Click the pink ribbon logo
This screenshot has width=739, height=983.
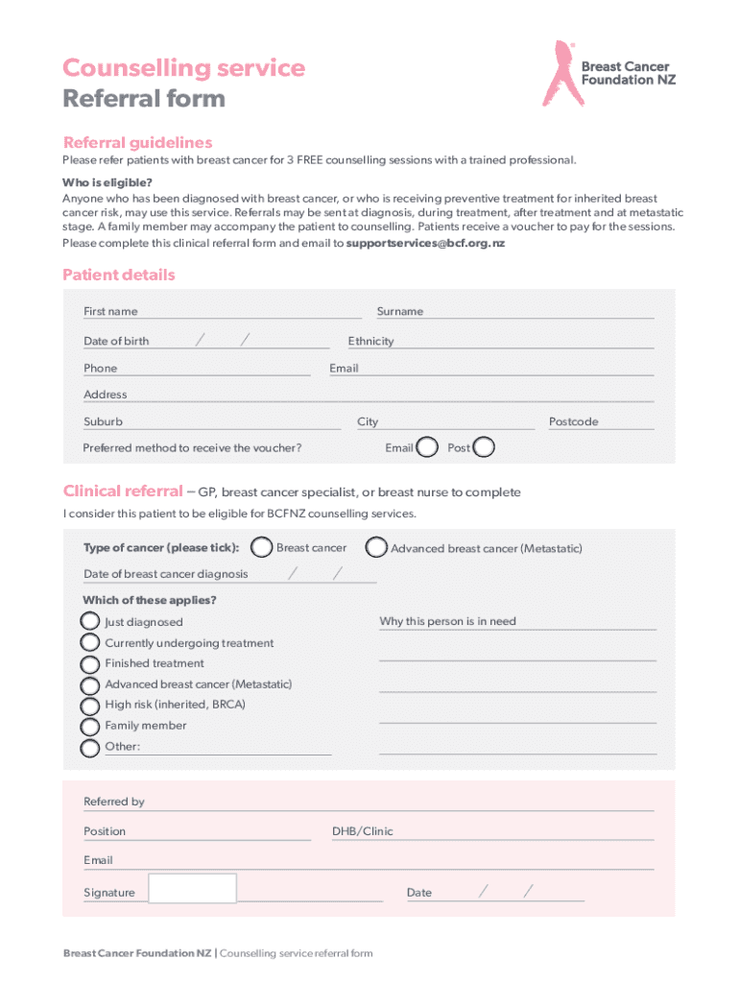click(x=560, y=73)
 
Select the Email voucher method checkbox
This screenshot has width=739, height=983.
click(x=429, y=447)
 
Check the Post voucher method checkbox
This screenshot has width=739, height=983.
click(x=486, y=447)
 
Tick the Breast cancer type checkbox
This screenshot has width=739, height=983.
click(x=260, y=547)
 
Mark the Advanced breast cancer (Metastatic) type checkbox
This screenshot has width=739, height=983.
click(x=377, y=547)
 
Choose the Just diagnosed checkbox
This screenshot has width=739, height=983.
click(x=89, y=622)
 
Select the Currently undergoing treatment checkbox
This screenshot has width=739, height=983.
click(x=89, y=643)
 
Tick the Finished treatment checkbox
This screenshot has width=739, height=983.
click(x=89, y=663)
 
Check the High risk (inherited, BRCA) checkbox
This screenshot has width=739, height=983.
click(x=89, y=706)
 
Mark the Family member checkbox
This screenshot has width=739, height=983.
click(x=89, y=727)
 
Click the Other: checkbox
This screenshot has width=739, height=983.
click(x=89, y=748)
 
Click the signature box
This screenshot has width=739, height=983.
click(x=193, y=888)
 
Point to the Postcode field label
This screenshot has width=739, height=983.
click(x=573, y=421)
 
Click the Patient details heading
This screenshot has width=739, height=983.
click(x=119, y=276)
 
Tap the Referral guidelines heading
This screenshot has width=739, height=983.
click(x=137, y=142)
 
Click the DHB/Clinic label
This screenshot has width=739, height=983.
click(x=363, y=831)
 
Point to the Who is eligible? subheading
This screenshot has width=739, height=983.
click(x=107, y=182)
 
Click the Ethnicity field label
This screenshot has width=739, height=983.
click(x=370, y=341)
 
